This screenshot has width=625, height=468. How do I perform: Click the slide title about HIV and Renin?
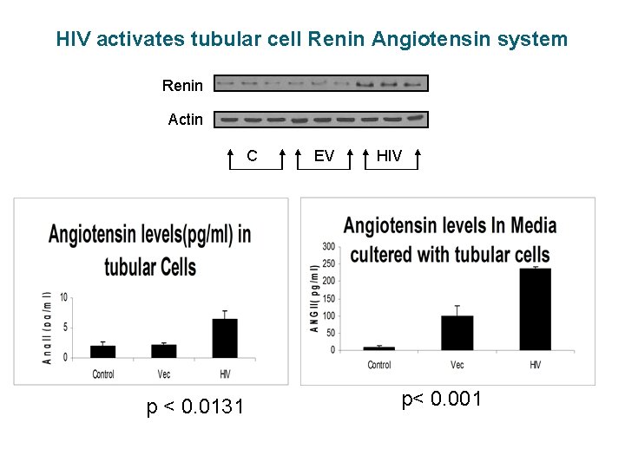point(312,39)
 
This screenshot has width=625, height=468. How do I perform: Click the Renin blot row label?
point(182,85)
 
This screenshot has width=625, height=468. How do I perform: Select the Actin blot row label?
point(185,120)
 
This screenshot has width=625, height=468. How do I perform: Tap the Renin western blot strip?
point(321,84)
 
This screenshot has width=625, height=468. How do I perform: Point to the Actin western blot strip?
point(321,119)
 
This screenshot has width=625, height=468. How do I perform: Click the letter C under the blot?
point(252,156)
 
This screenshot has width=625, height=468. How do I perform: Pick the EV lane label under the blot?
point(324,156)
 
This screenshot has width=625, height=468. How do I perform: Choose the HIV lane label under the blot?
point(389,156)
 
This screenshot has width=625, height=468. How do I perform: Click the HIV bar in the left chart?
point(225,338)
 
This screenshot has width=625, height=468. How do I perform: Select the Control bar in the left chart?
point(103,351)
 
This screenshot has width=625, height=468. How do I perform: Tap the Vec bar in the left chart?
point(164,351)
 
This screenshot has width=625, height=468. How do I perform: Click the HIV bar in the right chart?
point(535,309)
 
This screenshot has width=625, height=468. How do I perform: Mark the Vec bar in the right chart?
point(457,333)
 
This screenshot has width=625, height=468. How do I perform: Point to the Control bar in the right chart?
point(379,348)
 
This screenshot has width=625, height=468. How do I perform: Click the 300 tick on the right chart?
point(329,246)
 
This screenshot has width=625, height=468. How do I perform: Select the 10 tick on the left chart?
point(63,297)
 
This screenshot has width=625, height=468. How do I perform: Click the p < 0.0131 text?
point(195,406)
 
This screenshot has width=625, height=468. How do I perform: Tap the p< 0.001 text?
point(441,400)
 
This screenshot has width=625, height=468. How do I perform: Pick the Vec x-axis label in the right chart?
point(457,365)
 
